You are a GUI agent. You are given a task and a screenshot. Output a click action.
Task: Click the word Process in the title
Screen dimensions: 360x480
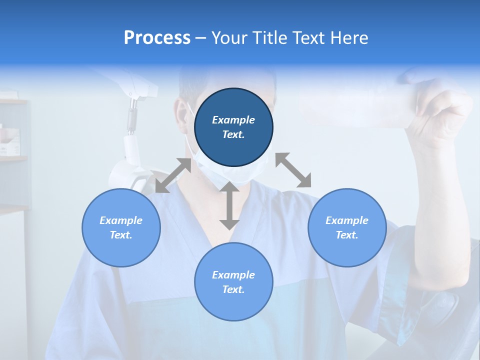point(157,38)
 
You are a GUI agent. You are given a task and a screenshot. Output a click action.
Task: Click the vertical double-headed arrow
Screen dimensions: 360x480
point(229,205)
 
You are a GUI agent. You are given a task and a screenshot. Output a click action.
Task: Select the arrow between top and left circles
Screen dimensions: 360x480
point(173,175)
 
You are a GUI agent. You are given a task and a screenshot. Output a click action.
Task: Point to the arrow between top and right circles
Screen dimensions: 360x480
point(293,170)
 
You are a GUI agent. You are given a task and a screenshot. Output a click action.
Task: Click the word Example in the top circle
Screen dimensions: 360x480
point(233,120)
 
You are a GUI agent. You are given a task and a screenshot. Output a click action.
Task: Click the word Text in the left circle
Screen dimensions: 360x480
point(121,235)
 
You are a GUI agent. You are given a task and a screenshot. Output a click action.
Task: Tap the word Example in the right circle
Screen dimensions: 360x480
point(347,220)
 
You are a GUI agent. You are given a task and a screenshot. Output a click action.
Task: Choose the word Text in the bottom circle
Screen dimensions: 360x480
point(233,289)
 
